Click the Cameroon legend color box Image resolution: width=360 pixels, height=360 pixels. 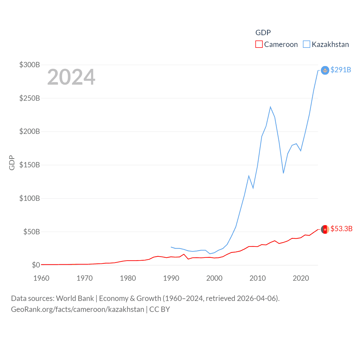click(x=259, y=44)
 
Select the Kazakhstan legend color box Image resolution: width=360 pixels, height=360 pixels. click(x=307, y=44)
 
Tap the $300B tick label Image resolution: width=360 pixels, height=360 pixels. click(x=30, y=65)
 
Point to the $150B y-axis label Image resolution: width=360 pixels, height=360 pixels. click(x=30, y=165)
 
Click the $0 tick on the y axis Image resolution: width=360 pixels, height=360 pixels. click(x=36, y=265)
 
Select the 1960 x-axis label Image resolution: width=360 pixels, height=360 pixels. click(x=41, y=278)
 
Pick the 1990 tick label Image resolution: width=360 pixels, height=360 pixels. click(x=171, y=278)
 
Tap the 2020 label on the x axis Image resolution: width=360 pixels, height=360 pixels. click(x=301, y=278)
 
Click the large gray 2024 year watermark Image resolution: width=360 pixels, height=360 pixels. click(x=71, y=77)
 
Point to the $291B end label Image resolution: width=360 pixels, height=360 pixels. click(x=341, y=70)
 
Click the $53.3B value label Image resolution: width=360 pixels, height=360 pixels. click(x=341, y=229)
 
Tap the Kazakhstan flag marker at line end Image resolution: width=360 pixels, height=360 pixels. click(x=325, y=70)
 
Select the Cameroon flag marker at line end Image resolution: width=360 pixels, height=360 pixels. click(x=325, y=229)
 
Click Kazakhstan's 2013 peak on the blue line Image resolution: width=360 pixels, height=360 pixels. click(x=270, y=107)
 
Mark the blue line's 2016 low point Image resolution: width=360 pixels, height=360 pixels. click(x=283, y=173)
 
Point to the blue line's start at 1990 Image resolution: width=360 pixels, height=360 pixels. click(x=171, y=247)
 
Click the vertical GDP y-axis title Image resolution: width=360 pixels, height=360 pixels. click(x=12, y=163)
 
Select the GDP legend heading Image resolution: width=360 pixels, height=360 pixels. click(x=263, y=33)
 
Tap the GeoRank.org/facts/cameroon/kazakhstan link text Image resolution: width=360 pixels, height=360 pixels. click(x=77, y=309)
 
